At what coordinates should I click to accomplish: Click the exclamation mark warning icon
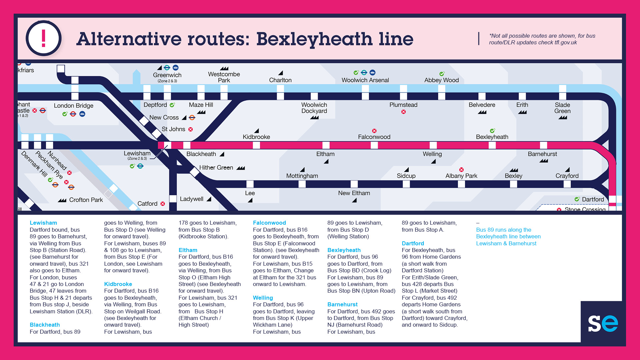44,38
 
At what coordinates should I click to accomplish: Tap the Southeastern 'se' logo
603,323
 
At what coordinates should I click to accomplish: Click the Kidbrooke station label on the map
256,137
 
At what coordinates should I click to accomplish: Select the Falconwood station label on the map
374,137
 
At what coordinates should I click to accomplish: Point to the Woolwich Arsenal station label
365,80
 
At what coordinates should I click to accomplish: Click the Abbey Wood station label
441,80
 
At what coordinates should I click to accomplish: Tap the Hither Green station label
216,168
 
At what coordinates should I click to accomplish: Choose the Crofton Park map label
86,200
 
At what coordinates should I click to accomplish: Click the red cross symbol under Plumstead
403,112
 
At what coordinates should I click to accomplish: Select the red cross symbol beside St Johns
191,129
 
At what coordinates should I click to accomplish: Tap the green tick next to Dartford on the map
577,199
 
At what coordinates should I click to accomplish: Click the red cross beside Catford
163,204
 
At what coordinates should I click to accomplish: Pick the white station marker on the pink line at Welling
433,145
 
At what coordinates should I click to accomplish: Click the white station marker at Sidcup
406,184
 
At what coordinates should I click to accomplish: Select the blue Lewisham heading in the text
43,223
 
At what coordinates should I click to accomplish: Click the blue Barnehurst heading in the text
342,304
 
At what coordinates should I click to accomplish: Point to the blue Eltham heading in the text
188,250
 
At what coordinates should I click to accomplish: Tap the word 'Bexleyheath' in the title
314,39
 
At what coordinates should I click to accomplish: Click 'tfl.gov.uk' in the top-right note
566,42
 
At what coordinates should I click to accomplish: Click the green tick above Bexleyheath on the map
492,131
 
